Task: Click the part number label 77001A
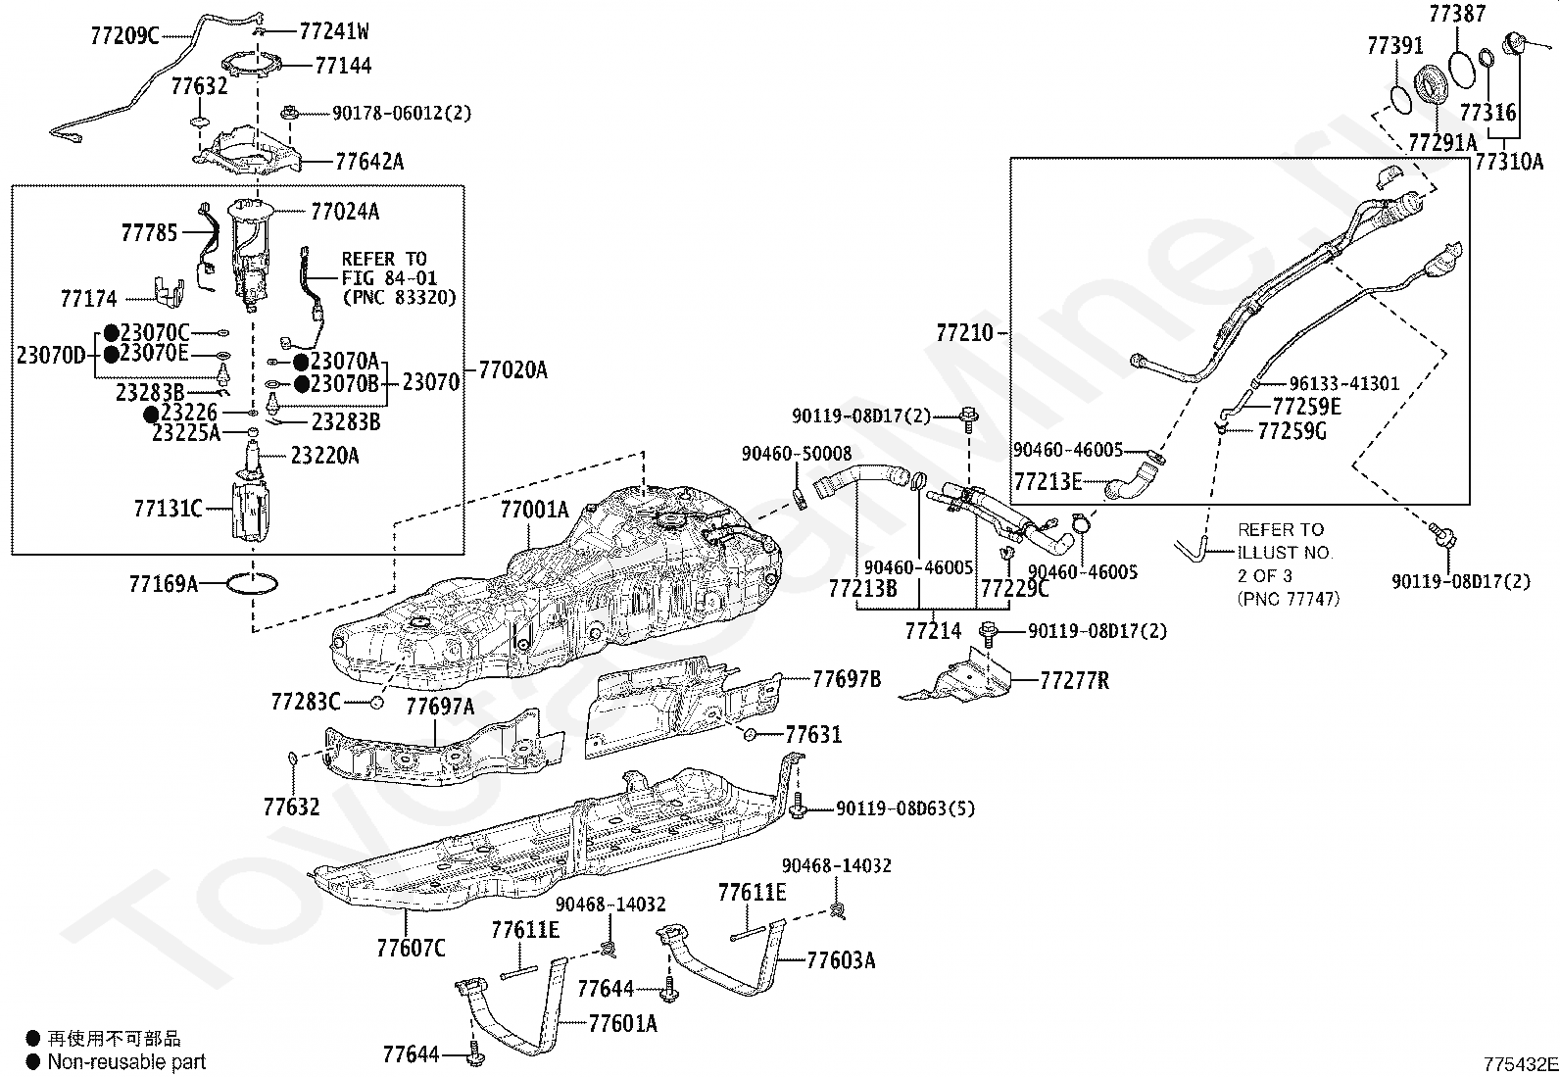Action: pyautogui.click(x=534, y=510)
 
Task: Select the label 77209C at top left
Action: pyautogui.click(x=123, y=36)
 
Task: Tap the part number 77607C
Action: pyautogui.click(x=411, y=948)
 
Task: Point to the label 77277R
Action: pyautogui.click(x=1074, y=680)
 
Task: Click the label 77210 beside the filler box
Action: pyautogui.click(x=965, y=333)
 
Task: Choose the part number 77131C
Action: pyautogui.click(x=168, y=509)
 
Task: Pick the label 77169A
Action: pyautogui.click(x=163, y=585)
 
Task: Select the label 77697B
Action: pyautogui.click(x=846, y=679)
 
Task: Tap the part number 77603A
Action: pyautogui.click(x=841, y=959)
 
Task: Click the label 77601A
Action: pyautogui.click(x=622, y=1024)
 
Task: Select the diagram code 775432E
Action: pyautogui.click(x=1519, y=1064)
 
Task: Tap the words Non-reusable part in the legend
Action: pyautogui.click(x=126, y=1061)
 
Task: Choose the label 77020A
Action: pyautogui.click(x=512, y=369)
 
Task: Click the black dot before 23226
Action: pyautogui.click(x=152, y=415)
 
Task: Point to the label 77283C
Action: pyautogui.click(x=306, y=702)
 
